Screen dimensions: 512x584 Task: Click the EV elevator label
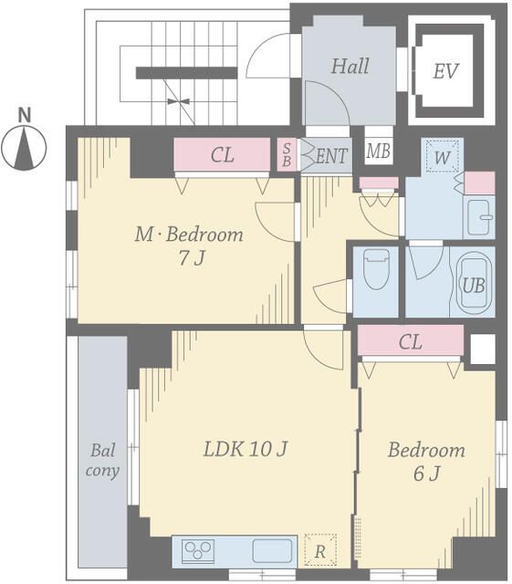tap(445, 71)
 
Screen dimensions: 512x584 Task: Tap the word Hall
tap(350, 67)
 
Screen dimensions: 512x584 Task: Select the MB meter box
tap(378, 151)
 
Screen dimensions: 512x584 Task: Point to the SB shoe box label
tap(287, 154)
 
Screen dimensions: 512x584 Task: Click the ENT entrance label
tap(331, 156)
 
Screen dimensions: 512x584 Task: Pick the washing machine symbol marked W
tap(442, 156)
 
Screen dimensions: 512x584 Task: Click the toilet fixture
tap(376, 269)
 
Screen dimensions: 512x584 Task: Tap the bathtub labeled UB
tap(474, 282)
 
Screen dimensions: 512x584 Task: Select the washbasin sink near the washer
tap(480, 217)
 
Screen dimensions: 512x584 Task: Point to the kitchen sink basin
tap(272, 550)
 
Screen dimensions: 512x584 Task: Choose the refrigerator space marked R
tap(320, 550)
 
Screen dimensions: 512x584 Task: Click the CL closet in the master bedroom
tap(222, 154)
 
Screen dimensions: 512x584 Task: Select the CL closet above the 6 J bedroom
tap(411, 340)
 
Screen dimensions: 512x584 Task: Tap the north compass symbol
tap(25, 147)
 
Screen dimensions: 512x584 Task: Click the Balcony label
tap(102, 460)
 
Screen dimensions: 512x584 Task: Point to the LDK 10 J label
tap(246, 448)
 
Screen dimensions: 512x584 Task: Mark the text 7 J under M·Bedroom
tap(192, 257)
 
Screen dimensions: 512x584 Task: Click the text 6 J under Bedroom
tap(426, 473)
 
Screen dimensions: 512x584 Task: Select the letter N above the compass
tap(25, 115)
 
